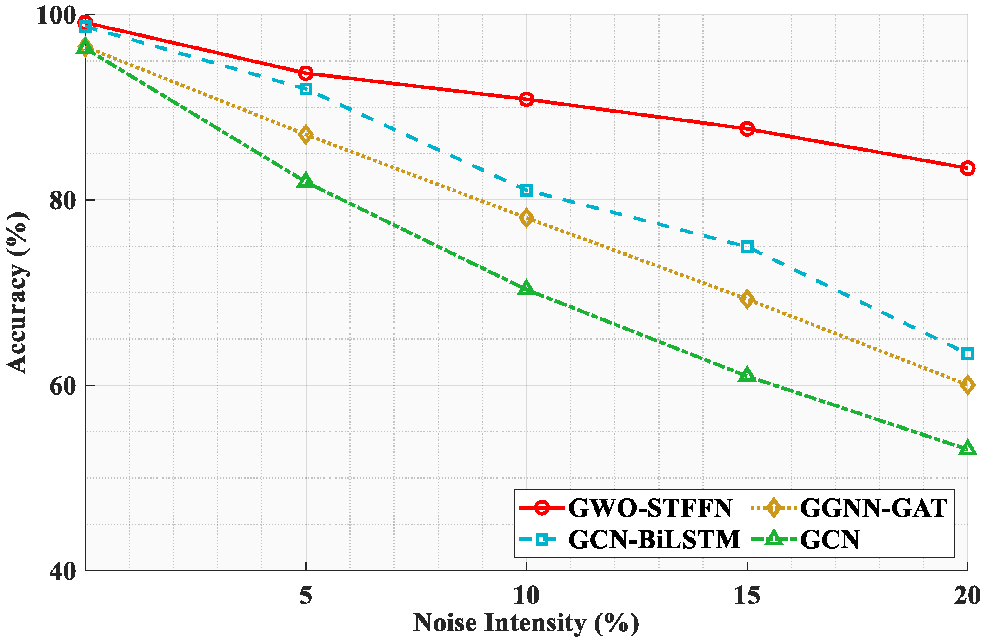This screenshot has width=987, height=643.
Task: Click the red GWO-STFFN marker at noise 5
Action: point(306,73)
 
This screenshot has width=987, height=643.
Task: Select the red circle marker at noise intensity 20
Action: point(967,168)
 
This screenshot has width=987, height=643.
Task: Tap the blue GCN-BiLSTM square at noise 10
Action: point(526,190)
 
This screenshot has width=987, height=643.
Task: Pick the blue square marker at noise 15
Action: point(747,246)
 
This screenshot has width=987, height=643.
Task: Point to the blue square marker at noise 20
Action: point(967,354)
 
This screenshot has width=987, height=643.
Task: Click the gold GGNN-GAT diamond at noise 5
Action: point(306,135)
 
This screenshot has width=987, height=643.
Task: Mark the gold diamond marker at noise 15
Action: point(747,299)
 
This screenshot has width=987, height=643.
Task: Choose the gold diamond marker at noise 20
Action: point(967,384)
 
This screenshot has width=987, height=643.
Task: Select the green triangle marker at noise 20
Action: point(967,448)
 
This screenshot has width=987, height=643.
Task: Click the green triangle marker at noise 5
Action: point(306,180)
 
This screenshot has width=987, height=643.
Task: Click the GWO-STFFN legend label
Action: point(650,508)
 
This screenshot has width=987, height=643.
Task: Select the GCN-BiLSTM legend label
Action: point(654,540)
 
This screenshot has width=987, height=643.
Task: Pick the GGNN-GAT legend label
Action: point(874,508)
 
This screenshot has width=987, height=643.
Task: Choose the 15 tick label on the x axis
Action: point(747,596)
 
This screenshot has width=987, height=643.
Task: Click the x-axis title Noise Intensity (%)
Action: point(526,623)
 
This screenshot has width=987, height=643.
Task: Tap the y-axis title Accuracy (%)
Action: point(17,292)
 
